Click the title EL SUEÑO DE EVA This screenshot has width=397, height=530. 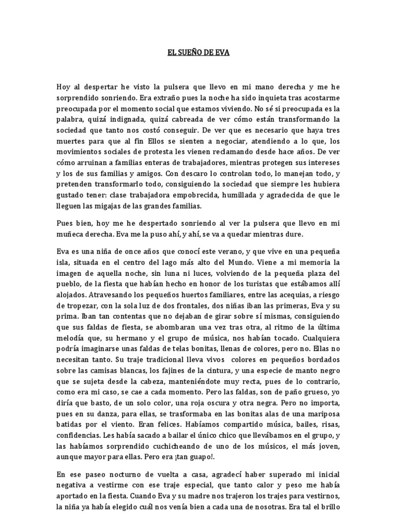pyautogui.click(x=198, y=52)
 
